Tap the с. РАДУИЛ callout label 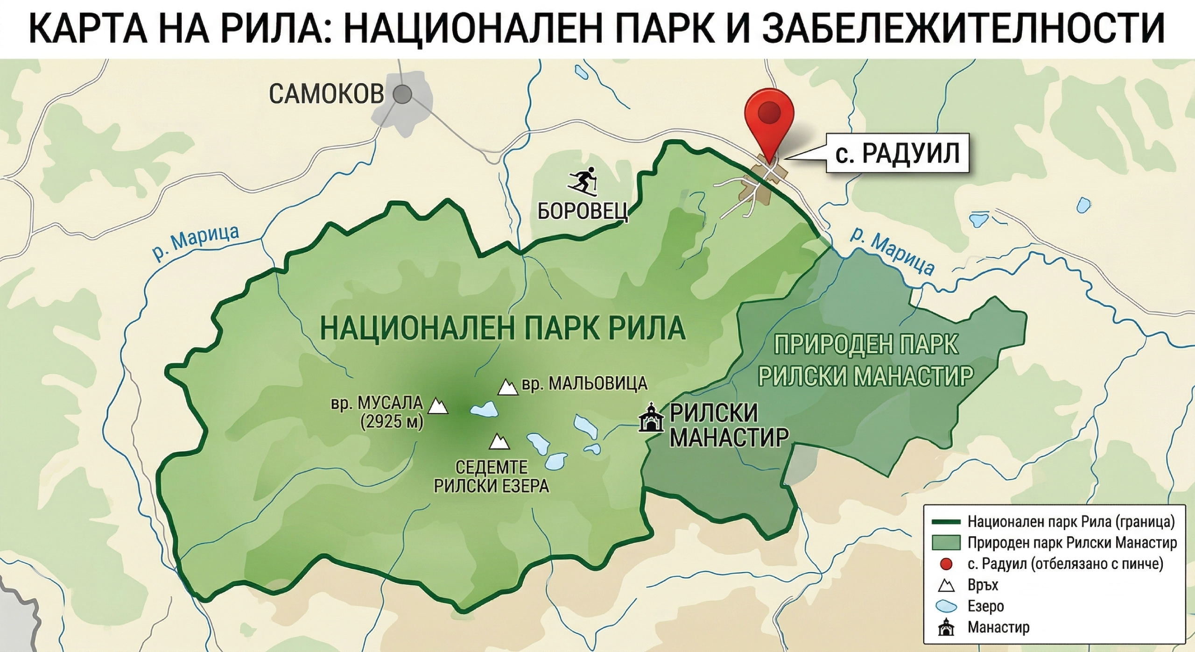[x=897, y=154]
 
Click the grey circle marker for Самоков [x=402, y=95]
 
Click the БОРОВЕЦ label [x=583, y=212]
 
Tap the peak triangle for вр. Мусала [x=437, y=406]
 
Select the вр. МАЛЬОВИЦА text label [x=584, y=384]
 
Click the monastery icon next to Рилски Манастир [x=651, y=419]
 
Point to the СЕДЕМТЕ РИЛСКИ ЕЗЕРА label [x=492, y=476]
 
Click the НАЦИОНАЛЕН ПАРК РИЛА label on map [x=503, y=328]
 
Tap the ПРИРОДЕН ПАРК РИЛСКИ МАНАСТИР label [x=866, y=360]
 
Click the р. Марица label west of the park [x=196, y=242]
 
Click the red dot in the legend [x=946, y=564]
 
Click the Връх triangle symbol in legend [x=946, y=585]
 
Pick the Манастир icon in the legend [x=946, y=627]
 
